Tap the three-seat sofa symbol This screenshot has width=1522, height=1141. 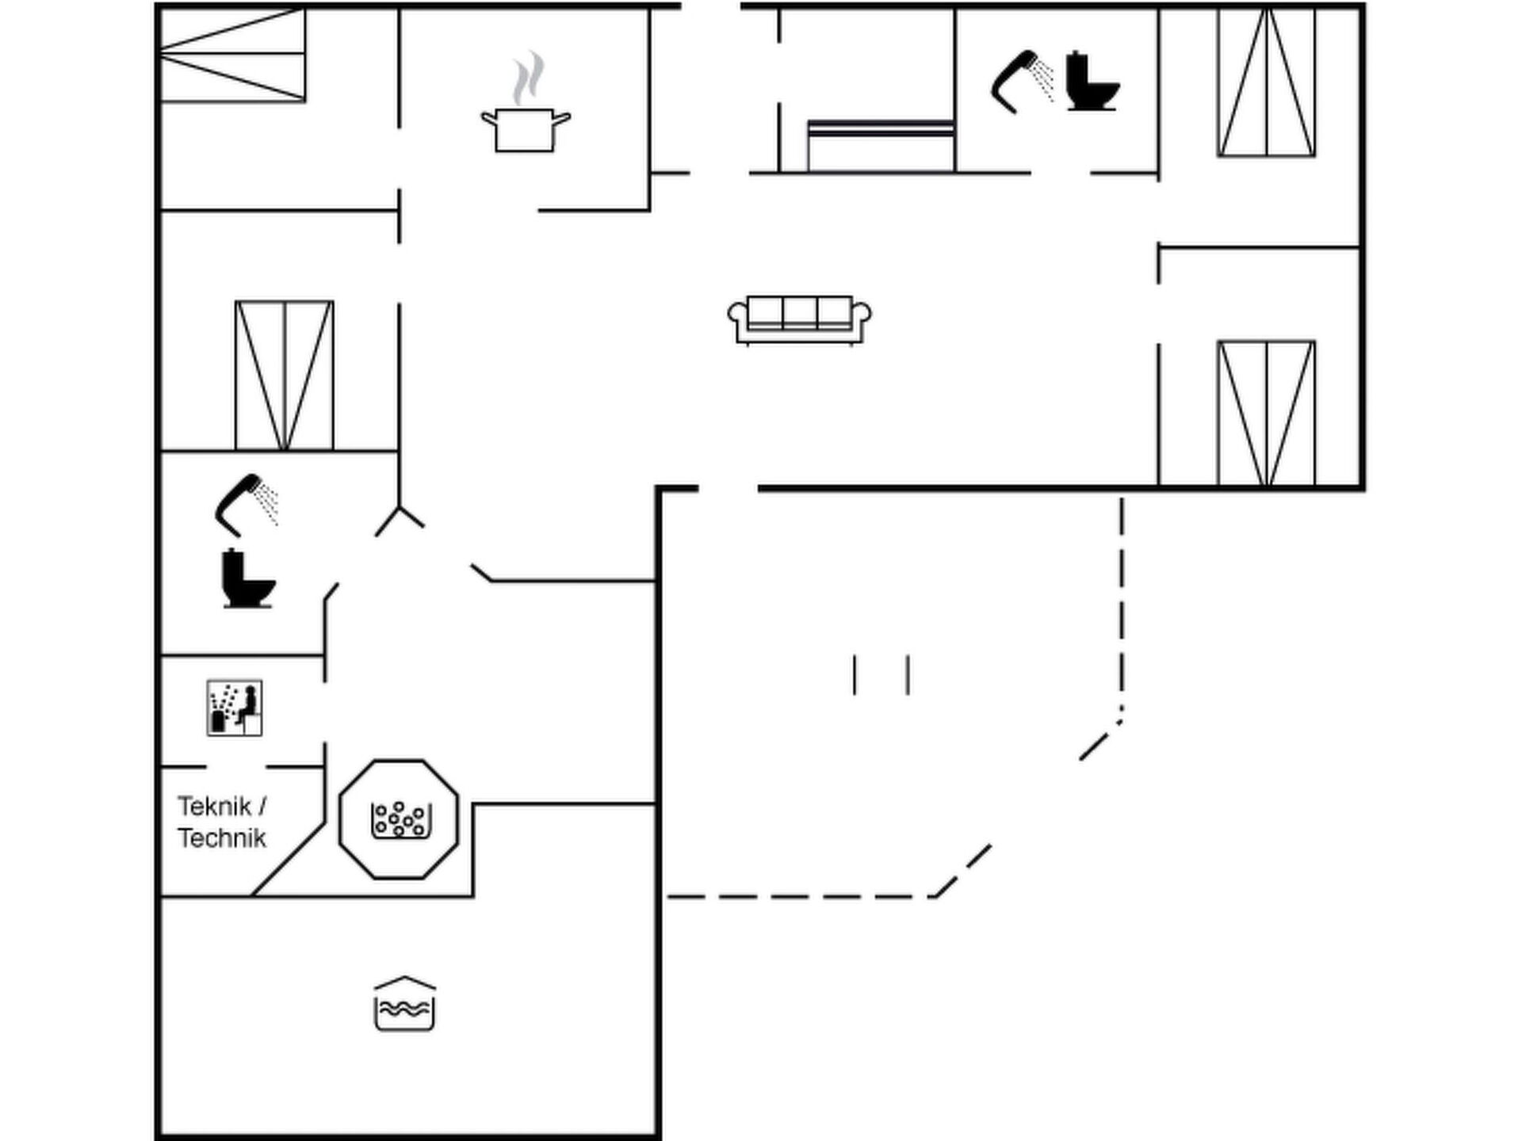[799, 320]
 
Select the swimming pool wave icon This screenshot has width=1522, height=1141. [404, 1004]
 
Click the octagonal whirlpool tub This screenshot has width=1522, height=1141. [399, 819]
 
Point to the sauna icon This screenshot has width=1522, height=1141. [235, 708]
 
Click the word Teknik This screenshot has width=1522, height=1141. [214, 806]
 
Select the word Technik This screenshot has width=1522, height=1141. [222, 838]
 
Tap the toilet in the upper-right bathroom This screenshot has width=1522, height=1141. [1092, 81]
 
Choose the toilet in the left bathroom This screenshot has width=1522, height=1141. [248, 578]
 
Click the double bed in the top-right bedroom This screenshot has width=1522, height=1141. [1267, 82]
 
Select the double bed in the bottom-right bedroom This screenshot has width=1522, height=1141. [1267, 413]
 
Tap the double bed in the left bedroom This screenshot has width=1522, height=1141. [284, 376]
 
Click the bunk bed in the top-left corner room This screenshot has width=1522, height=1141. [233, 55]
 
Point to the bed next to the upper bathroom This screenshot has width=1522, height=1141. [881, 146]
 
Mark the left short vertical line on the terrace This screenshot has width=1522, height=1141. [855, 675]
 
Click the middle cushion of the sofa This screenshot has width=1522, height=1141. [800, 312]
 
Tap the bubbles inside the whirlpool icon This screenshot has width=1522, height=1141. [400, 818]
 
